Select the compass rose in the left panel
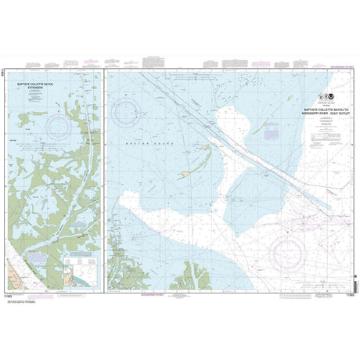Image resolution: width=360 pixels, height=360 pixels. coord(59,124)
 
